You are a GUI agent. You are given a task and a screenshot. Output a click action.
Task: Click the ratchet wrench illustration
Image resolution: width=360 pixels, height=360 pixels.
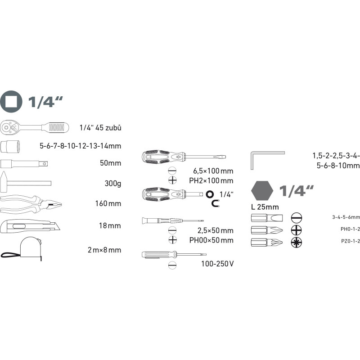[x=35, y=127]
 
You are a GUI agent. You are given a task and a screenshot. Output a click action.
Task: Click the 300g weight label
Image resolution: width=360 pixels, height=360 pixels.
[x=113, y=184]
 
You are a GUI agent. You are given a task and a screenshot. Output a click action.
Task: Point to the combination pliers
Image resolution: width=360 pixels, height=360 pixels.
[x=31, y=204]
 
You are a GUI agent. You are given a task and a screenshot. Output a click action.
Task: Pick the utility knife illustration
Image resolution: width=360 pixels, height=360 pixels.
[x=30, y=226]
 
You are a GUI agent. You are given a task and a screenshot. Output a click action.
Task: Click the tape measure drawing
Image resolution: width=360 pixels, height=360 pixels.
[x=22, y=249]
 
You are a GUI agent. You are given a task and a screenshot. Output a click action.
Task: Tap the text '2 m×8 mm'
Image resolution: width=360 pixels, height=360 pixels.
[x=104, y=250]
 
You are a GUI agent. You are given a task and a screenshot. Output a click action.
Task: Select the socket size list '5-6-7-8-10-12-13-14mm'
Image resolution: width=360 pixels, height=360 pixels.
[x=81, y=146]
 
